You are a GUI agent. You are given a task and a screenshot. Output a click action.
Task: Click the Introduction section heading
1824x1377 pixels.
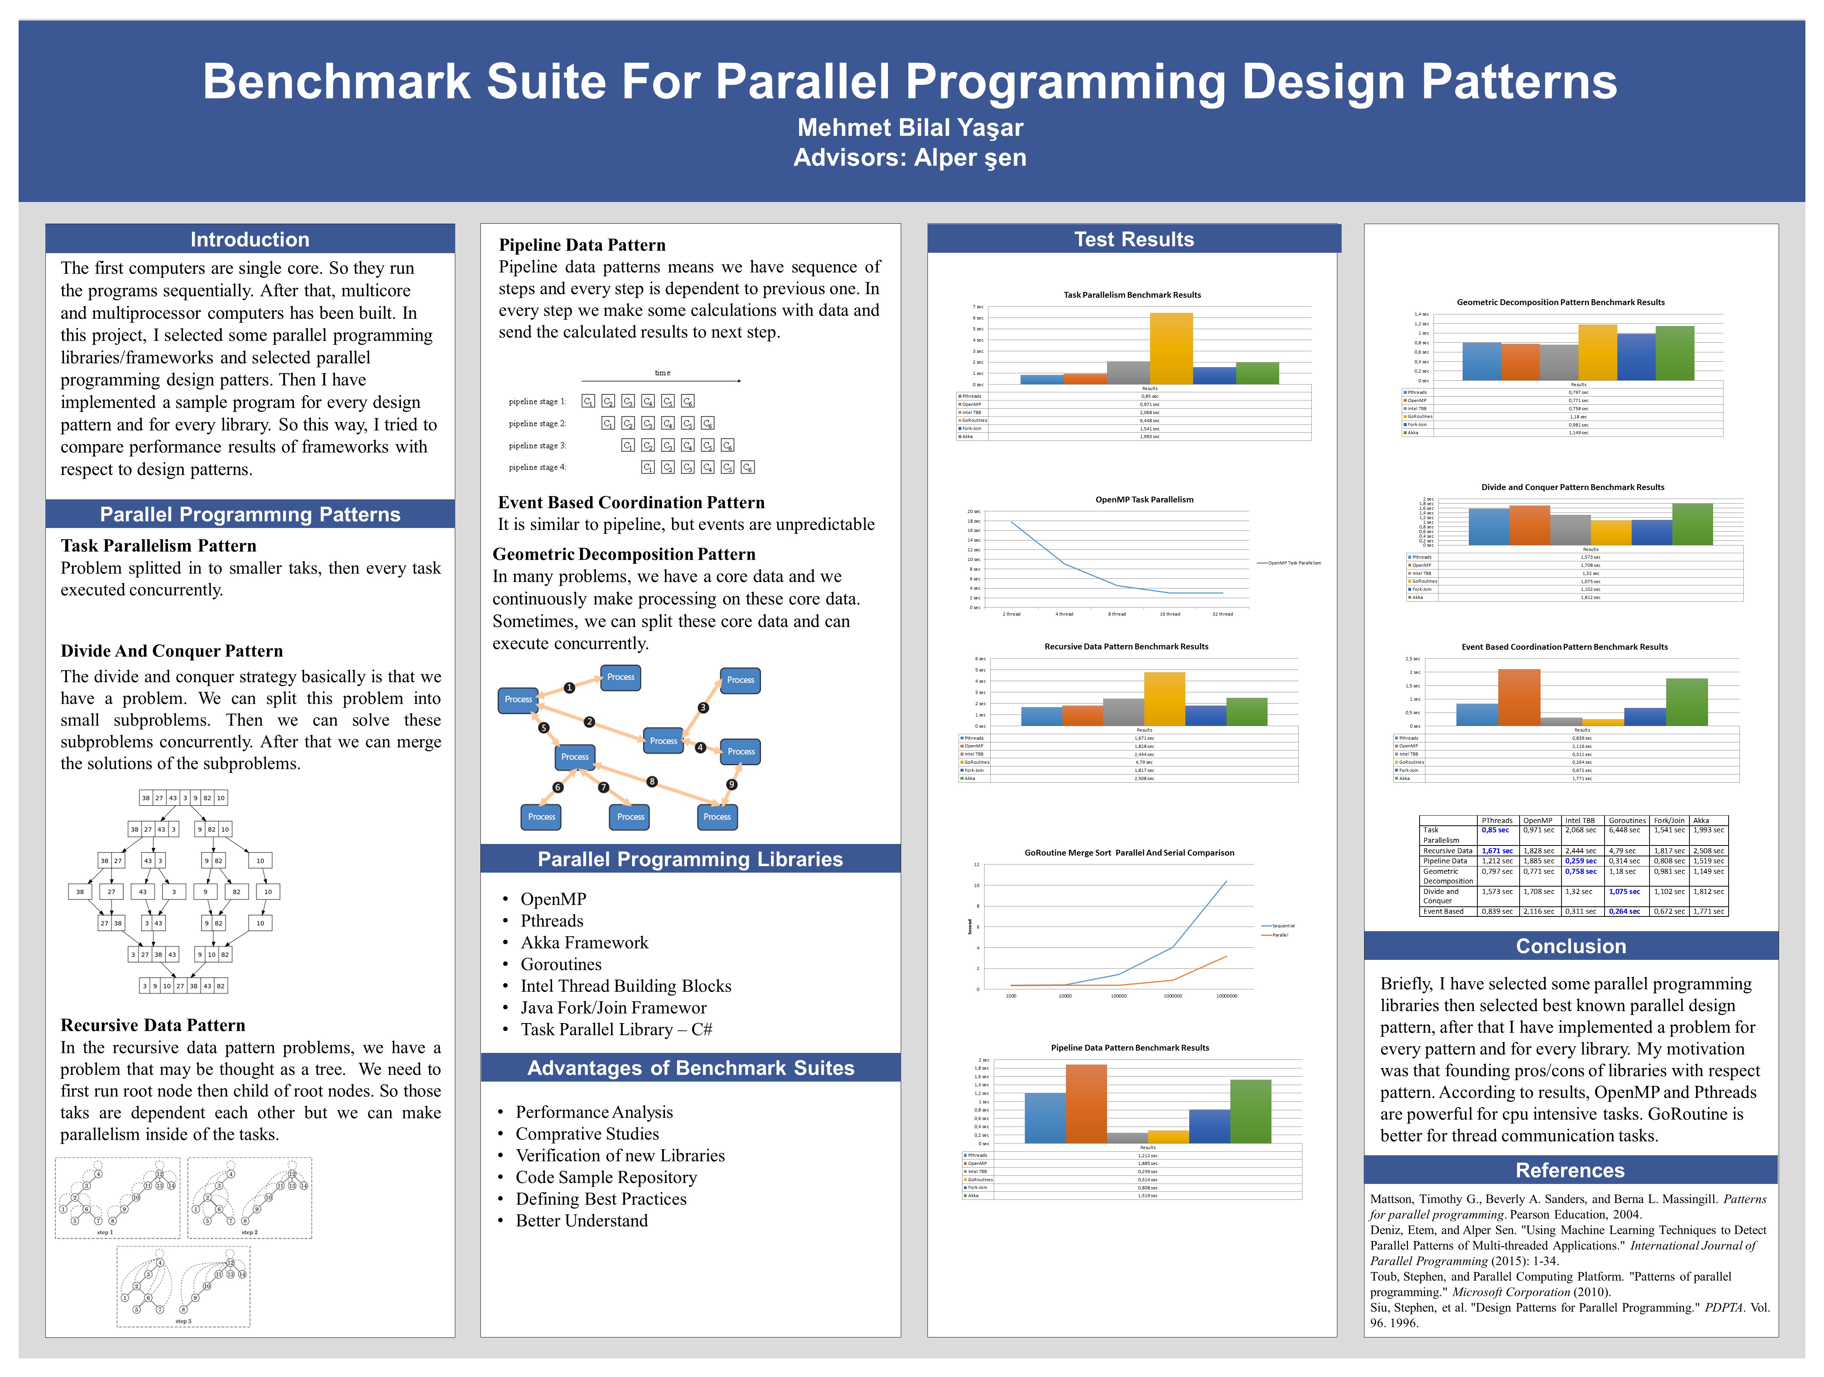pyautogui.click(x=250, y=239)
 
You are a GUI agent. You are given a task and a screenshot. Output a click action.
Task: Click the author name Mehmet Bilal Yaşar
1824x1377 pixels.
pyautogui.click(x=910, y=128)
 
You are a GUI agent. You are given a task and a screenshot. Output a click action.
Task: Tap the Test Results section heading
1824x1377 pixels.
pyautogui.click(x=1134, y=239)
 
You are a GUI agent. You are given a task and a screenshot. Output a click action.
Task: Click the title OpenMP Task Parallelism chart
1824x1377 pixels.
pyautogui.click(x=1144, y=500)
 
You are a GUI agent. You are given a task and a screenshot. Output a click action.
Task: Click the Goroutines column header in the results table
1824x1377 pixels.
pyautogui.click(x=1627, y=820)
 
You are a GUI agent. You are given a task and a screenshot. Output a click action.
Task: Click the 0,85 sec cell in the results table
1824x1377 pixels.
pyautogui.click(x=1495, y=830)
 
